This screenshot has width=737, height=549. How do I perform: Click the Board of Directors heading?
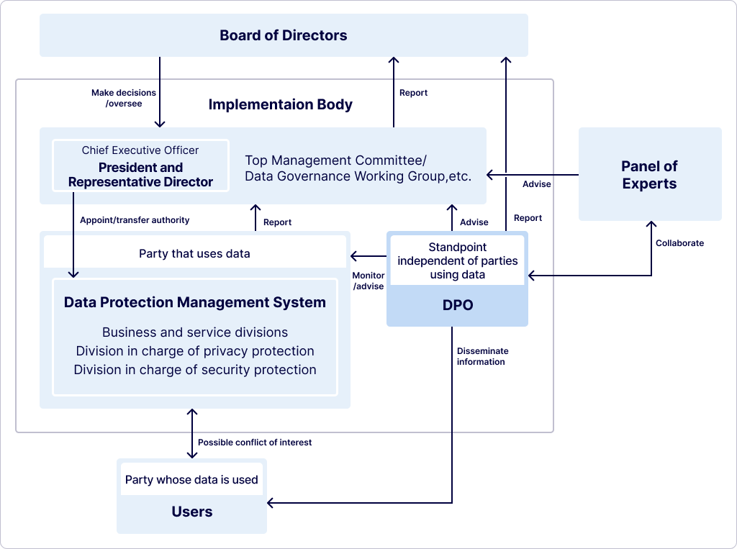point(283,35)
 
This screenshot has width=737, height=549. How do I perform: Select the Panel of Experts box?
point(649,175)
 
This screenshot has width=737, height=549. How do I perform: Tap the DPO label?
point(457,305)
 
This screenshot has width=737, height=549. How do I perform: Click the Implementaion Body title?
point(280,104)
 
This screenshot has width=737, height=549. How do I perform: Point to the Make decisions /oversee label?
point(124,98)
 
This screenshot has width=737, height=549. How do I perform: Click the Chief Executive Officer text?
point(140,150)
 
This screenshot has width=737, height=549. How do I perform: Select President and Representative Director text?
point(140,175)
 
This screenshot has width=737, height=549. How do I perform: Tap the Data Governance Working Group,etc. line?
point(358,176)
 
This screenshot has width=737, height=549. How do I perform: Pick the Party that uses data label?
point(194,253)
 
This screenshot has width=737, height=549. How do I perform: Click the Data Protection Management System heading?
point(194,302)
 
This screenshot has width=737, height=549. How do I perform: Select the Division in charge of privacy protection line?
point(194,351)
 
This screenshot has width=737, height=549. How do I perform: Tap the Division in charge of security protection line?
point(194,370)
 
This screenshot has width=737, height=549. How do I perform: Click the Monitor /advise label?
point(368,281)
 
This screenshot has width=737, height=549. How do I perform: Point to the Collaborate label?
point(679,243)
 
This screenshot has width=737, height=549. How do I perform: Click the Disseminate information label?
point(482,356)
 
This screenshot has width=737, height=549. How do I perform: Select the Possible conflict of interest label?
point(255,443)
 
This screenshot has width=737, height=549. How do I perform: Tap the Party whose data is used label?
point(191,480)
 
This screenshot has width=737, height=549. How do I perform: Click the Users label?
point(191,512)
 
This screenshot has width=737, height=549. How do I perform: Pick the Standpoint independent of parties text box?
point(457,260)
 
